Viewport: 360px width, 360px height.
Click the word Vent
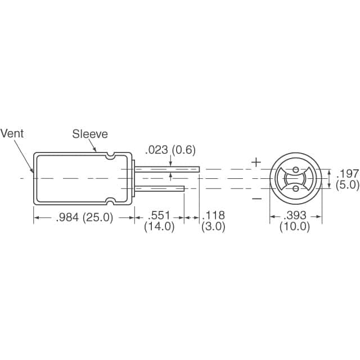click(x=12, y=133)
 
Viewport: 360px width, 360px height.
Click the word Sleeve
click(x=89, y=134)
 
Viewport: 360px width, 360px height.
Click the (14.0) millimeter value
click(x=160, y=227)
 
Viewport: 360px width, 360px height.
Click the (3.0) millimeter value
click(x=213, y=227)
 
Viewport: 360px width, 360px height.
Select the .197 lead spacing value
click(x=347, y=173)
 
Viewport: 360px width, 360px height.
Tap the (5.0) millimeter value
click(x=347, y=184)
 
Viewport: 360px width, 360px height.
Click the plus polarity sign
click(x=256, y=162)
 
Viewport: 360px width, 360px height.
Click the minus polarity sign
click(x=256, y=198)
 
